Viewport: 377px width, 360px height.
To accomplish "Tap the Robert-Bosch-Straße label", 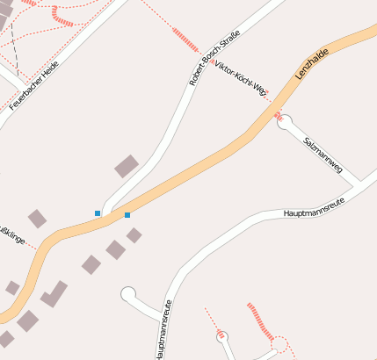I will point(214,58).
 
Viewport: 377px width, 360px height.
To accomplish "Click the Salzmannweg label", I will point(322,154).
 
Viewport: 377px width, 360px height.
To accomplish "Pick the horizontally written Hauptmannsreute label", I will point(314,208).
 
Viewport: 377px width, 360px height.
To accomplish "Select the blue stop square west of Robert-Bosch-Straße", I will point(98,213).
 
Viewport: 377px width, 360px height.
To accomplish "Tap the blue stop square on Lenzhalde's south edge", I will point(127,215).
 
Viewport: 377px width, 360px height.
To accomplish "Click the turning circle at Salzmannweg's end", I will point(285,123).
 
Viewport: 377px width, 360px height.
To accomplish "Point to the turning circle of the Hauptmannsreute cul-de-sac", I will point(128,293).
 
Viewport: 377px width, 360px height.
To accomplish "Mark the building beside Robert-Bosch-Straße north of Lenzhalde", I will point(127,166).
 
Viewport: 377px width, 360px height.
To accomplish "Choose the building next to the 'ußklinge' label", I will point(37,219).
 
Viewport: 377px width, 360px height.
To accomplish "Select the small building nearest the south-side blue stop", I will point(134,235).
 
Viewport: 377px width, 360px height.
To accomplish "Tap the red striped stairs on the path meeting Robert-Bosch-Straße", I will point(186,40).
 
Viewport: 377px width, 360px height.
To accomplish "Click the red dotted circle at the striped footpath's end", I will point(279,345).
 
